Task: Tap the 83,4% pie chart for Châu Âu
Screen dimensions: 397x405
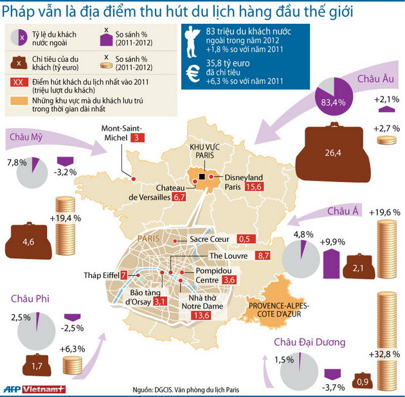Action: (x=334, y=95)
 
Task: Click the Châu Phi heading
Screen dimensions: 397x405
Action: (x=30, y=299)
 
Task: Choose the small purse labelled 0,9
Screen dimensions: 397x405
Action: (x=363, y=382)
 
